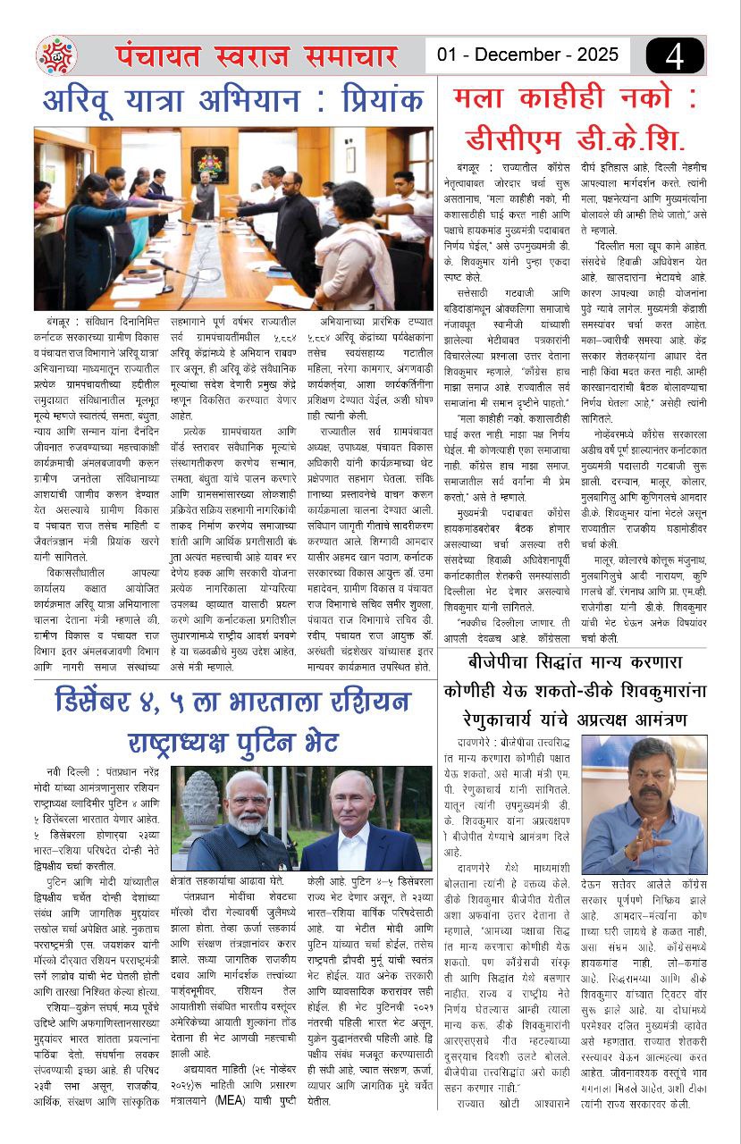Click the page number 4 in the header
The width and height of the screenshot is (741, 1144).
coord(676,55)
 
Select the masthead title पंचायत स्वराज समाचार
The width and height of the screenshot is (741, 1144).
coord(256,55)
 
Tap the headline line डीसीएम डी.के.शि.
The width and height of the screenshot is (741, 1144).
coord(576,140)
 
